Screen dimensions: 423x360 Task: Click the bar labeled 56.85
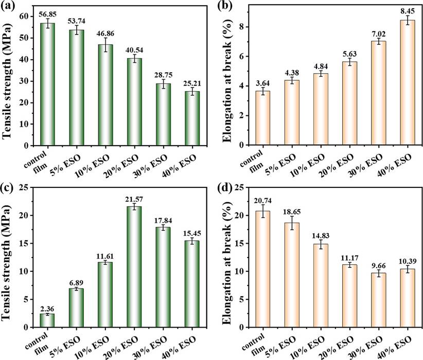pos(48,84)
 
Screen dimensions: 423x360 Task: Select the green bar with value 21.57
pos(134,267)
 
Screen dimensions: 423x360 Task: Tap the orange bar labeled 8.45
pos(408,82)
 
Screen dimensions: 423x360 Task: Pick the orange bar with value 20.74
pos(262,269)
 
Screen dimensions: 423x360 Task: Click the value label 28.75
pos(163,75)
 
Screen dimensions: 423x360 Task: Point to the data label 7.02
pos(379,34)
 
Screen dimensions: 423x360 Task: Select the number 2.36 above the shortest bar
pos(47,308)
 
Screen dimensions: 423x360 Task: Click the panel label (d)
pos(225,186)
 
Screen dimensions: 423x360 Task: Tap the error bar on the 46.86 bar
pos(105,45)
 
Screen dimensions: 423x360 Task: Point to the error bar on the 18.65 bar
pos(292,223)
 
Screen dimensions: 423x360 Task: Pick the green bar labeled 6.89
pos(76,308)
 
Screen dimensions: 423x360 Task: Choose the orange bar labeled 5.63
pos(349,104)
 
